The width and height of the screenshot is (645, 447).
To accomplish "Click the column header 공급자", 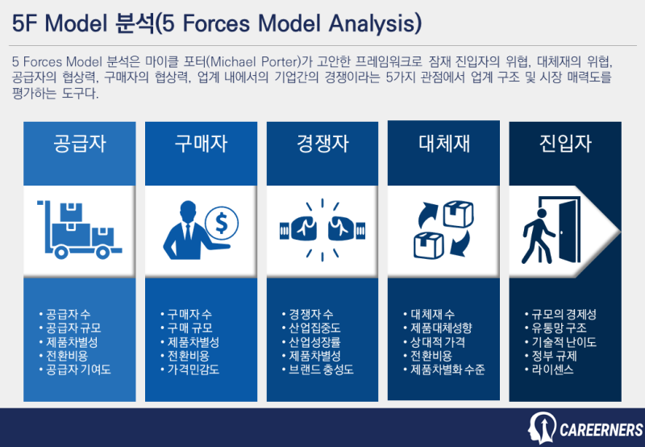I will coord(80,144).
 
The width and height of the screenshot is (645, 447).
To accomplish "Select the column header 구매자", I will coord(201,144).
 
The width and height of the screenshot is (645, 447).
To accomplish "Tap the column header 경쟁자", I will coord(322,144).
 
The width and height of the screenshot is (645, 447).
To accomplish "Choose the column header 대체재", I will coord(444,144).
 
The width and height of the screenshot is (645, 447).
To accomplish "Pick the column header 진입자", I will coord(565,144).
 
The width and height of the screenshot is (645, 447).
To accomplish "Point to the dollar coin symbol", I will coord(220,220).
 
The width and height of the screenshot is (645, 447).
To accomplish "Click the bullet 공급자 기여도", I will coord(78,370).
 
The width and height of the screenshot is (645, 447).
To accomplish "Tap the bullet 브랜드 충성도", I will coord(321,370).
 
